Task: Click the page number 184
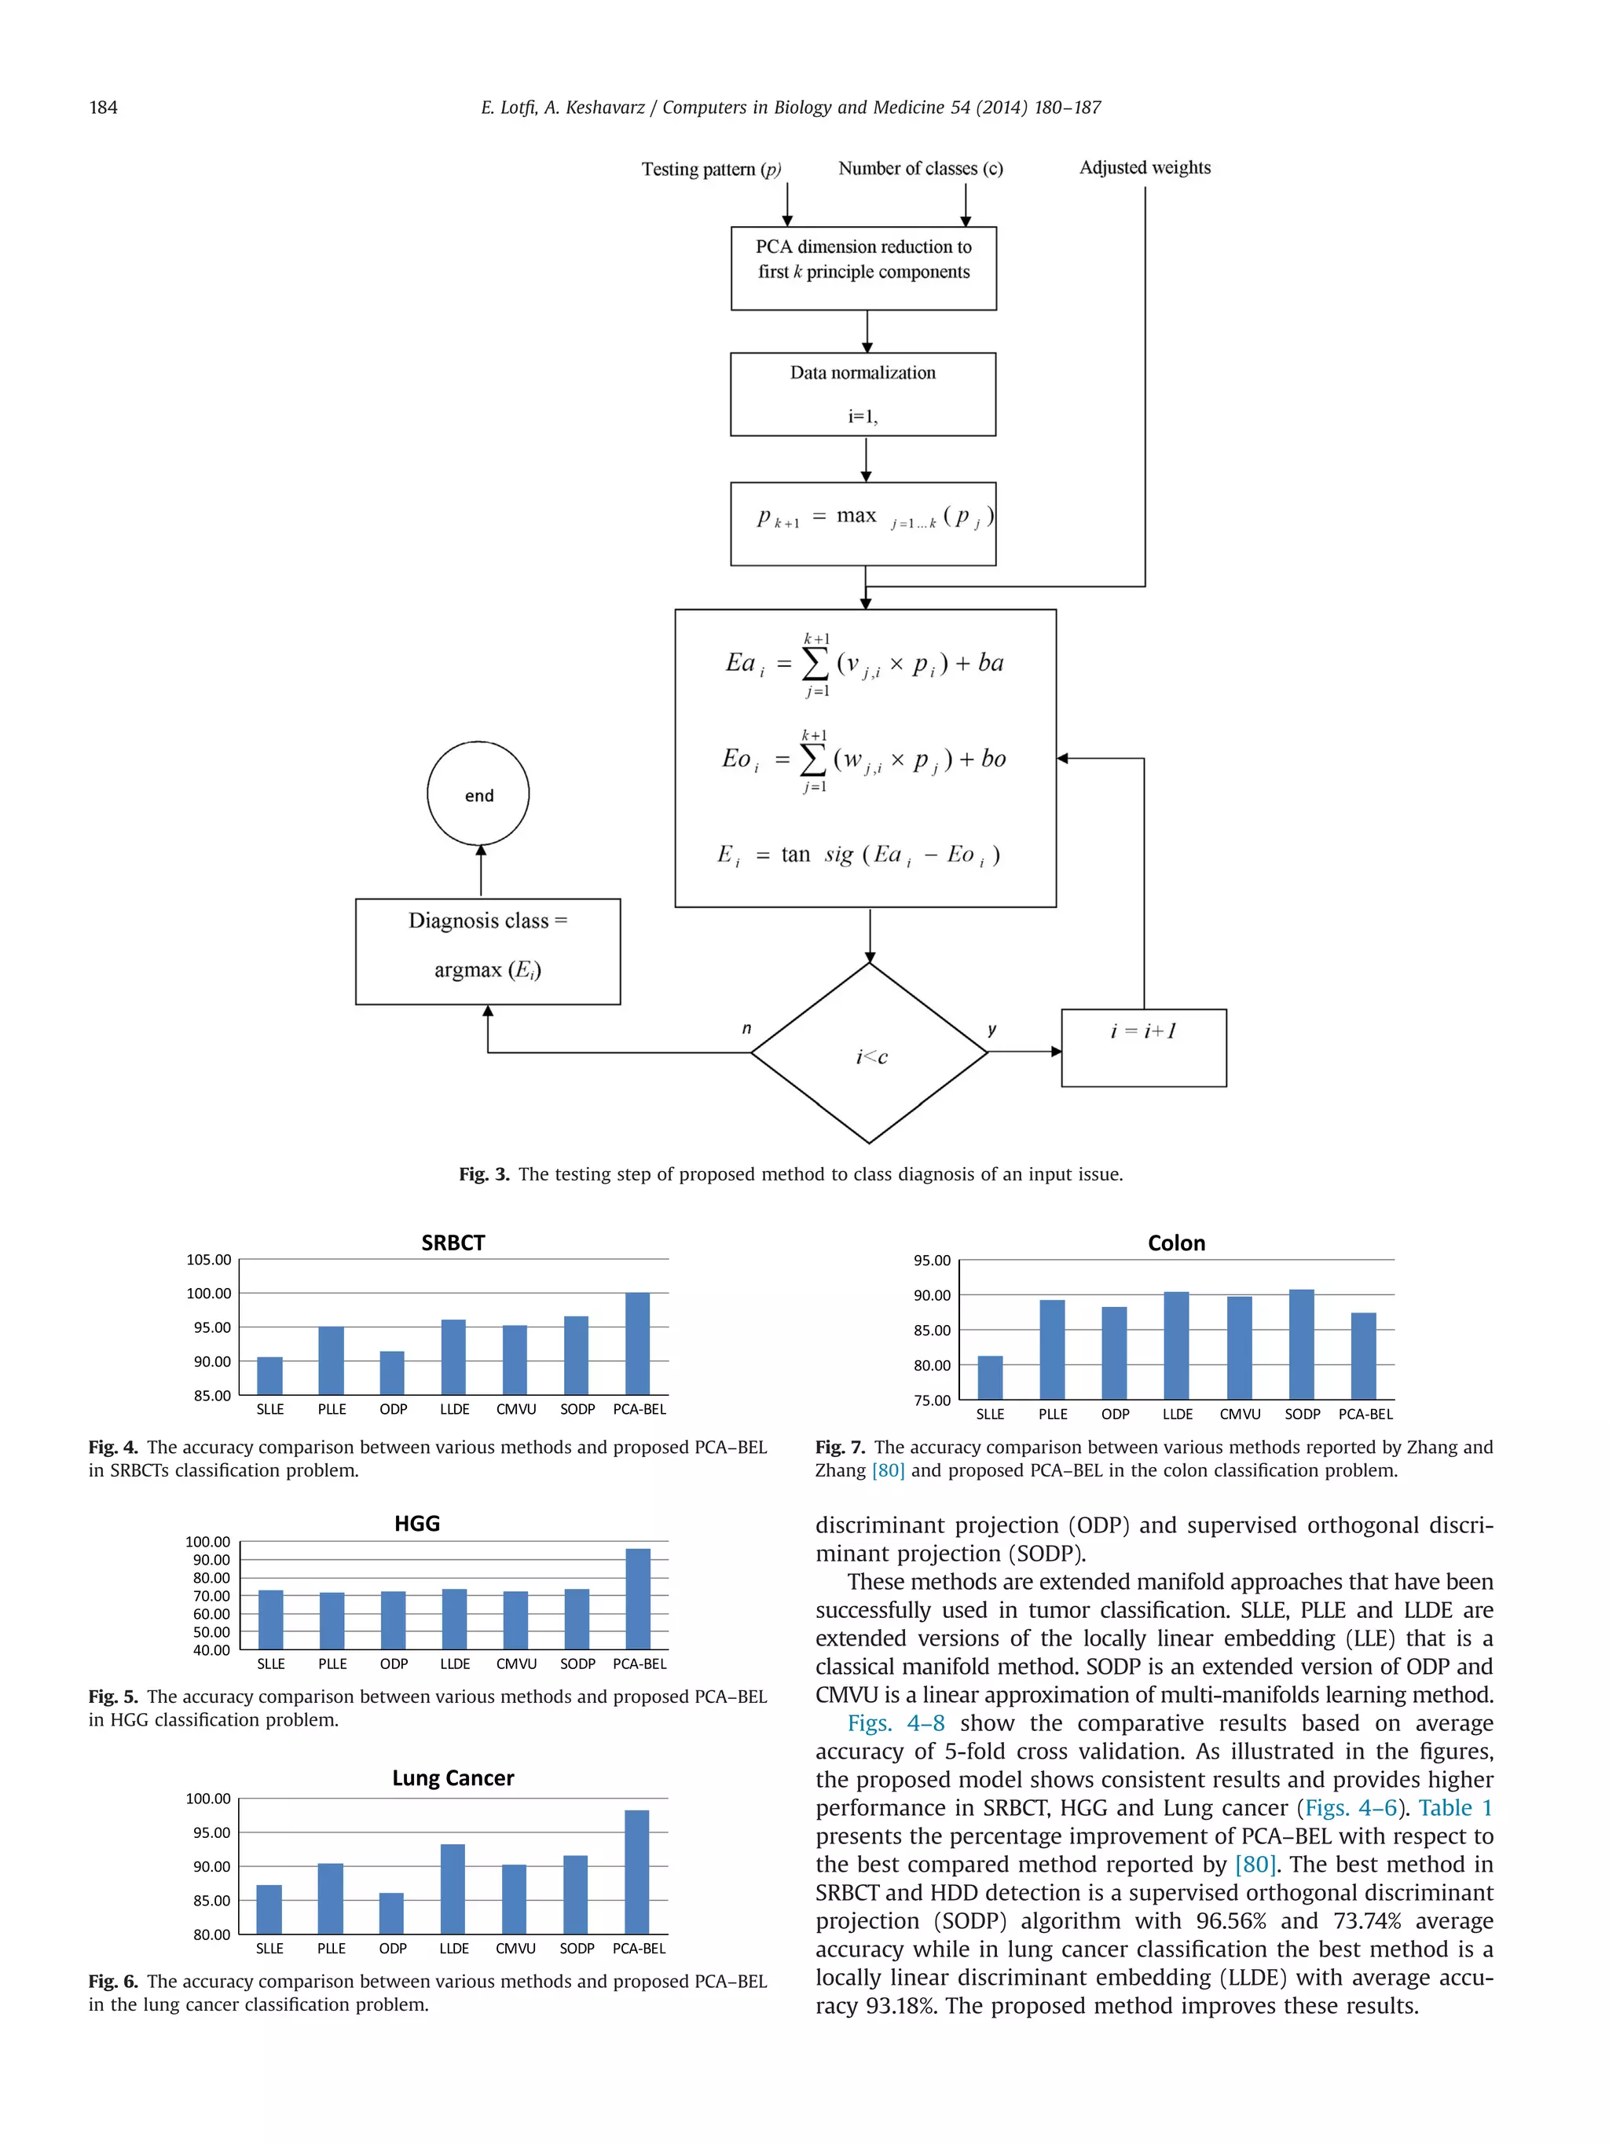pyautogui.click(x=103, y=108)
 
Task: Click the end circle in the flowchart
pyautogui.click(x=478, y=793)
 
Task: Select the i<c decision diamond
pyautogui.click(x=869, y=1053)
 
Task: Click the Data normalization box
pyautogui.click(x=862, y=393)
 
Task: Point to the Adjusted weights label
pyautogui.click(x=1145, y=168)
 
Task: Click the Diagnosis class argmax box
pyautogui.click(x=487, y=951)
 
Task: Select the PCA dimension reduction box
pyautogui.click(x=863, y=269)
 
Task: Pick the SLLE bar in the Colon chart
pyautogui.click(x=989, y=1377)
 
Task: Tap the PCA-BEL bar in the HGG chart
pyautogui.click(x=637, y=1598)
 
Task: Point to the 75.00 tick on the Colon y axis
pyautogui.click(x=931, y=1400)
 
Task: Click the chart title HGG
pyautogui.click(x=417, y=1524)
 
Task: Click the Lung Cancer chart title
pyautogui.click(x=453, y=1777)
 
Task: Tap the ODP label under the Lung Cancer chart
pyautogui.click(x=392, y=1948)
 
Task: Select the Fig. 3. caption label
pyautogui.click(x=483, y=1174)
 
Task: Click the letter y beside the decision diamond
pyautogui.click(x=991, y=1029)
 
